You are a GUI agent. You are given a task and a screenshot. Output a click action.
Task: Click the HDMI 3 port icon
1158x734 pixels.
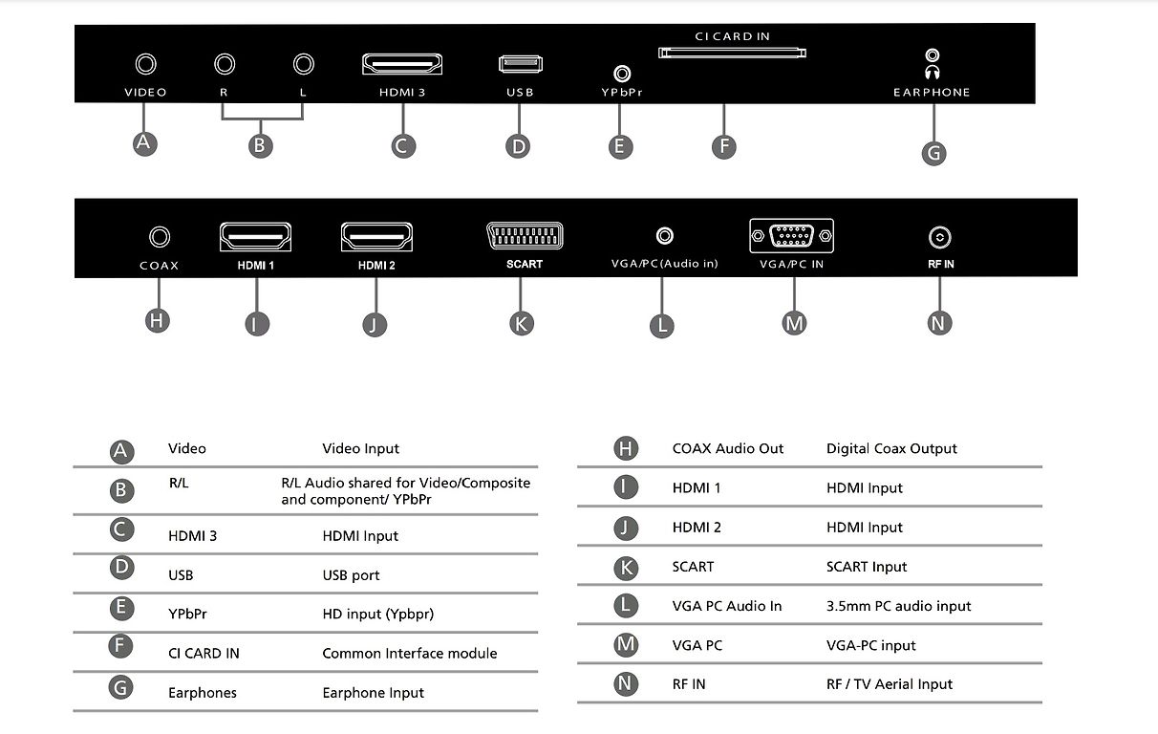pyautogui.click(x=402, y=64)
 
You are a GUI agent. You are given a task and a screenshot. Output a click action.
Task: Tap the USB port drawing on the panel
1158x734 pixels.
pyautogui.click(x=521, y=64)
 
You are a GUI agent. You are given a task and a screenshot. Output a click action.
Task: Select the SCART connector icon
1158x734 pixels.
pyautogui.click(x=525, y=236)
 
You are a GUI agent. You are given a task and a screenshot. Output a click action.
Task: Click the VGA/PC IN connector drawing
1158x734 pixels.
pyautogui.click(x=791, y=236)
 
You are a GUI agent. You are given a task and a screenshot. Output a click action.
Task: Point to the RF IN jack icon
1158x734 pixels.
pyautogui.click(x=940, y=237)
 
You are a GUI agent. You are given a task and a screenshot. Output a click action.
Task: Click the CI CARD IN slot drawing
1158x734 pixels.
pyautogui.click(x=732, y=53)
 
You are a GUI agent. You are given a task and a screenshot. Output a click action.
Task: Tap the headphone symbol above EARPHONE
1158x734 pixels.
pyautogui.click(x=933, y=72)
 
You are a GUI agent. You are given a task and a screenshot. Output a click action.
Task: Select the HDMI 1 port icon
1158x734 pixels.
pyautogui.click(x=255, y=237)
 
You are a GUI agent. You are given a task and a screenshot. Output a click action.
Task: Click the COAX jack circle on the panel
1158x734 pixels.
pyautogui.click(x=160, y=237)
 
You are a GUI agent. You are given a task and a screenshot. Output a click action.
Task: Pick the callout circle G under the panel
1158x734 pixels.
pyautogui.click(x=933, y=153)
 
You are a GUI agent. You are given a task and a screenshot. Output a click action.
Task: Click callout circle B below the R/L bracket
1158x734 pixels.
pyautogui.click(x=260, y=146)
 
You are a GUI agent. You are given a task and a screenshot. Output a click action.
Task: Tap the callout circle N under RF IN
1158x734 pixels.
pyautogui.click(x=939, y=323)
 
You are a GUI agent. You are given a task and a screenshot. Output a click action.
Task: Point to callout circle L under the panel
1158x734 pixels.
pyautogui.click(x=662, y=326)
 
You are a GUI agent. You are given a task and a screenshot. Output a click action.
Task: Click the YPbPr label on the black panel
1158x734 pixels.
pyautogui.click(x=622, y=92)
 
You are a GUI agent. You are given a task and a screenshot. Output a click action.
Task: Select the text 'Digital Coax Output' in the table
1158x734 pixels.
pyautogui.click(x=891, y=448)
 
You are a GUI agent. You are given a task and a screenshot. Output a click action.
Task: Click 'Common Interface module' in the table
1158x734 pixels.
pyautogui.click(x=410, y=654)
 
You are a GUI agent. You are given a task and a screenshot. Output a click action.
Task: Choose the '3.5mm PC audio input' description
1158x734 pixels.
pyautogui.click(x=898, y=606)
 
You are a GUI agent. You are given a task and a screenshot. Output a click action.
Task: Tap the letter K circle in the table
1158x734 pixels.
pyautogui.click(x=626, y=568)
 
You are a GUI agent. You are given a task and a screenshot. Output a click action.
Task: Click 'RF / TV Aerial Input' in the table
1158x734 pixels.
pyautogui.click(x=890, y=684)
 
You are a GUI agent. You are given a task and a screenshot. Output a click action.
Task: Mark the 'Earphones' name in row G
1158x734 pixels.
pyautogui.click(x=203, y=693)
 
